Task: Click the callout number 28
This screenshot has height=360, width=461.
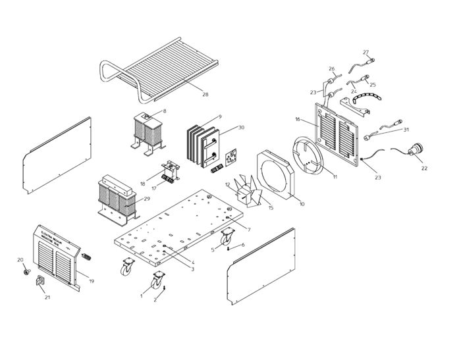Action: click(x=205, y=95)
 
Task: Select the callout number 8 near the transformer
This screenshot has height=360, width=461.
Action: click(x=164, y=111)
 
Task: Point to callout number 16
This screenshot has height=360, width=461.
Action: click(x=298, y=120)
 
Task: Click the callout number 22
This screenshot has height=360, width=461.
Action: click(x=424, y=168)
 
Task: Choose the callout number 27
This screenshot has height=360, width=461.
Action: click(x=366, y=52)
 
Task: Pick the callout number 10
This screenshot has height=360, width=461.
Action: click(x=302, y=205)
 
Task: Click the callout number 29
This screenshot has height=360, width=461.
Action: click(x=146, y=198)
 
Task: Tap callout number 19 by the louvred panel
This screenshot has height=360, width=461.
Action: click(x=92, y=281)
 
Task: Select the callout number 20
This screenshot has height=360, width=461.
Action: click(x=20, y=259)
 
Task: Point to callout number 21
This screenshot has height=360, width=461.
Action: click(x=47, y=297)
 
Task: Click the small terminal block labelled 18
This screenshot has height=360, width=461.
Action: click(x=169, y=172)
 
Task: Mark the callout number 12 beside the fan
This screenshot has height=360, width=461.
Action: click(x=228, y=185)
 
